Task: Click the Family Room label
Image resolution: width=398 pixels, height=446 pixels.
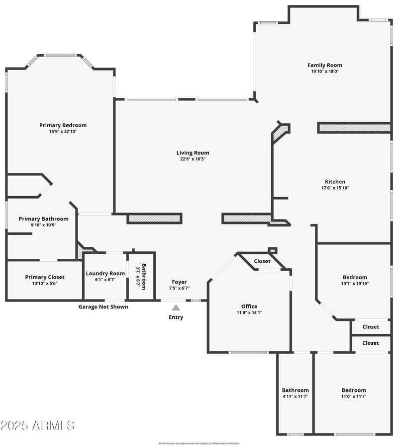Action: (324, 65)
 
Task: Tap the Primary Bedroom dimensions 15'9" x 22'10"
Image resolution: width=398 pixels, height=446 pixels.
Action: (63, 132)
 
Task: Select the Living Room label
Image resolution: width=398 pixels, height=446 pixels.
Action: (193, 153)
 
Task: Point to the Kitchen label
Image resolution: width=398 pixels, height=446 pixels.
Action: (335, 182)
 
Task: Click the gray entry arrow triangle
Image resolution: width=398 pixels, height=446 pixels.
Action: (176, 307)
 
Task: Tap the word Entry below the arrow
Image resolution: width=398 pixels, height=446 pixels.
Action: (176, 317)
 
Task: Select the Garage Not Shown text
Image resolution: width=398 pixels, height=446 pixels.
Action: (103, 306)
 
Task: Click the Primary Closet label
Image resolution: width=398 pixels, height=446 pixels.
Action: (45, 277)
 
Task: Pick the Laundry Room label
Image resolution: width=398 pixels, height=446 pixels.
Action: (105, 273)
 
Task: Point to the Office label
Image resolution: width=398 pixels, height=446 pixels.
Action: (249, 306)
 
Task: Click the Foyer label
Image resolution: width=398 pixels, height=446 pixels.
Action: (180, 282)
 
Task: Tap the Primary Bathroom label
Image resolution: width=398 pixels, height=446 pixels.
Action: (44, 219)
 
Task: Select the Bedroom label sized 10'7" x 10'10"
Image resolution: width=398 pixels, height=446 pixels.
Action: (355, 277)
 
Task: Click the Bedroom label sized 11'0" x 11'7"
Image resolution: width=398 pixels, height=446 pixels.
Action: (353, 390)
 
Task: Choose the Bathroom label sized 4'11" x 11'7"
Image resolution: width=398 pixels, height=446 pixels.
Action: (295, 390)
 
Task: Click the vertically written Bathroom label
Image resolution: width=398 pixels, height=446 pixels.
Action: (144, 276)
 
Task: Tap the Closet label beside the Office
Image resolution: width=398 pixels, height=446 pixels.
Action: (262, 261)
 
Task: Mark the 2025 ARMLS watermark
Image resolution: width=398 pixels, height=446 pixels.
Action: (38, 426)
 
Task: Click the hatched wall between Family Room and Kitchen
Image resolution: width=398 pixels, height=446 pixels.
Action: (354, 128)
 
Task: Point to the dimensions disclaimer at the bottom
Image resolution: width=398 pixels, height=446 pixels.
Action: (199, 443)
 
